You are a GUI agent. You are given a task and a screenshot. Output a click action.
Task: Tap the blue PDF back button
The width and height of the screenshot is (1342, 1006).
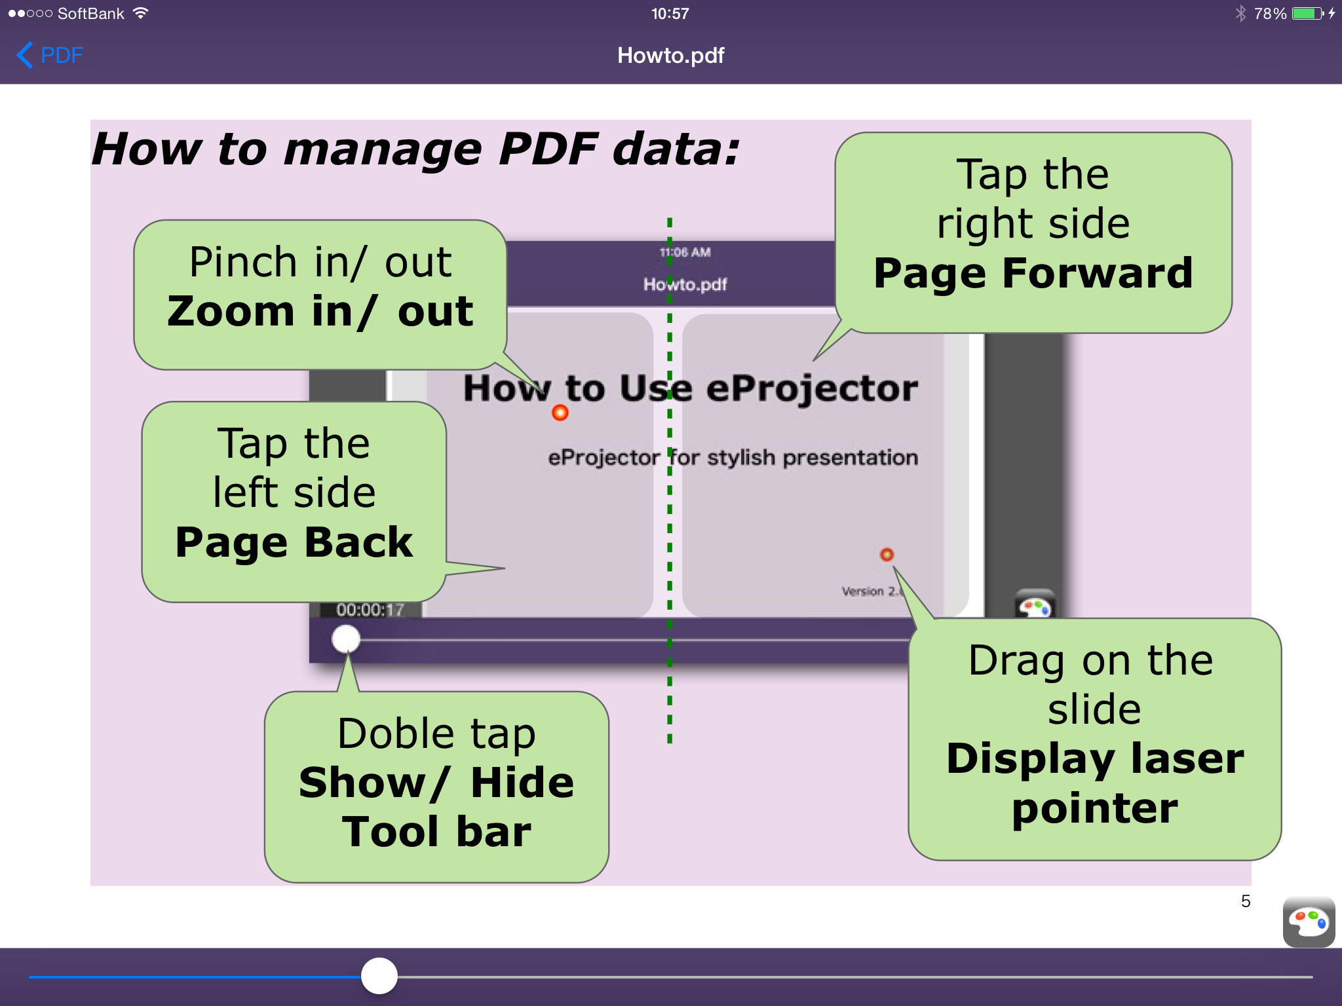click(x=50, y=55)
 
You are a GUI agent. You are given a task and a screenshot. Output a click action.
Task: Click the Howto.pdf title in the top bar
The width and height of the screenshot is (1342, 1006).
click(x=670, y=56)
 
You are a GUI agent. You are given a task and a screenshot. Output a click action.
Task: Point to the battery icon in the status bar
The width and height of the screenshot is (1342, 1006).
click(x=1308, y=13)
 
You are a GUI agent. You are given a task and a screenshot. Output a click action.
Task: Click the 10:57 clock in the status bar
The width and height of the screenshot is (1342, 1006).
click(x=670, y=13)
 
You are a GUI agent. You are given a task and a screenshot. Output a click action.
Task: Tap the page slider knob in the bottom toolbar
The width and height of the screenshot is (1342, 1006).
click(x=379, y=976)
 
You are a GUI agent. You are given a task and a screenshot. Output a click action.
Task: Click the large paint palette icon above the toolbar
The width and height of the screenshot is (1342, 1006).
click(x=1309, y=922)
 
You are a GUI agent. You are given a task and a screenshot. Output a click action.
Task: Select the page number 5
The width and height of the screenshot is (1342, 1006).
click(x=1246, y=901)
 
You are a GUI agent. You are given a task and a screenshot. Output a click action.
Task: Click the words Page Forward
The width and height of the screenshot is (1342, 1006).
click(x=1033, y=273)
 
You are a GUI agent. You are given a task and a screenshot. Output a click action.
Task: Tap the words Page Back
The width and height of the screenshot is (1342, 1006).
click(x=294, y=543)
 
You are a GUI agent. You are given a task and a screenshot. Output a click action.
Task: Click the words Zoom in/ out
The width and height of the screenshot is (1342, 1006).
click(x=320, y=311)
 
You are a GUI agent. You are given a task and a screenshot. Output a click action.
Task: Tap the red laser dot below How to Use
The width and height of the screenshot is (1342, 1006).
click(x=560, y=413)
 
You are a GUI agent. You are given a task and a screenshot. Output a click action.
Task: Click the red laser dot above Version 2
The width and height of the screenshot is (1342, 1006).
click(x=887, y=555)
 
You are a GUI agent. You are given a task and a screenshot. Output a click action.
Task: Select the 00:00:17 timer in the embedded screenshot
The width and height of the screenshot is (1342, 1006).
click(x=370, y=610)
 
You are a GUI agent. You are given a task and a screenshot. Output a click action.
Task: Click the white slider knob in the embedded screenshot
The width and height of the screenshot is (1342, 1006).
click(x=346, y=639)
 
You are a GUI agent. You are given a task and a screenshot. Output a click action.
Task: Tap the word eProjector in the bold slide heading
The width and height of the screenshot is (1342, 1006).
click(x=812, y=388)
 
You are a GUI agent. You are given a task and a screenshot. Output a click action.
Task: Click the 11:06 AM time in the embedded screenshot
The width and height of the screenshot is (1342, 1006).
click(x=685, y=252)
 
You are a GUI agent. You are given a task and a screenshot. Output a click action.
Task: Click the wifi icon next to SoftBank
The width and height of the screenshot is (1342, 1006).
click(x=140, y=13)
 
